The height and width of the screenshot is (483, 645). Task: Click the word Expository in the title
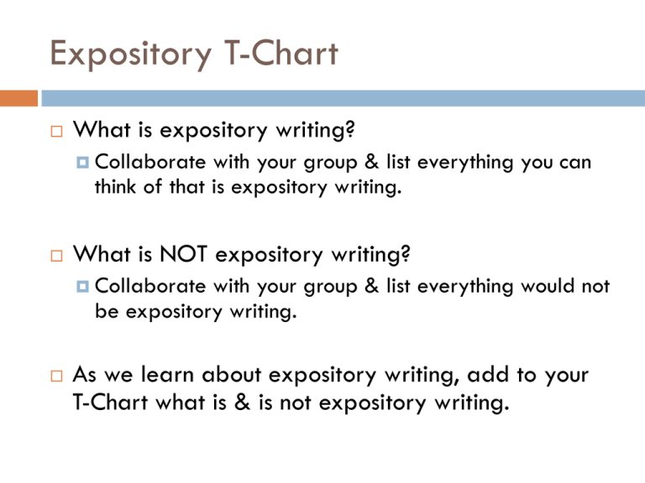131,55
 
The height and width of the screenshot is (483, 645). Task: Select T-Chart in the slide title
281,53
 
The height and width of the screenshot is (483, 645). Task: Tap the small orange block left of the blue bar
19,98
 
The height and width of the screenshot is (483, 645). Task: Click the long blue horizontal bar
343,98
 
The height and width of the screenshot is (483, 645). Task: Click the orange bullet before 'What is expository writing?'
57,132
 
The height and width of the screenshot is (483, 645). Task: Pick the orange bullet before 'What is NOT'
57,256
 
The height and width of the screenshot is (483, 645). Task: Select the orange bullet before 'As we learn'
57,376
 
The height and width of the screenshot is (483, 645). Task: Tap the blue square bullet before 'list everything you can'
82,162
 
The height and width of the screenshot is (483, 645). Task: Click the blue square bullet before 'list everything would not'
82,286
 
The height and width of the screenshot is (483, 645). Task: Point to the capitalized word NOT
183,253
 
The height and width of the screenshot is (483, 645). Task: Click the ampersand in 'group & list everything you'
371,161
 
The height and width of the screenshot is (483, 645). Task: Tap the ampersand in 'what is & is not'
242,402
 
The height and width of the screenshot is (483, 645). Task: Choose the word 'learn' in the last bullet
167,374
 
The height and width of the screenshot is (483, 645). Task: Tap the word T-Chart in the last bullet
110,402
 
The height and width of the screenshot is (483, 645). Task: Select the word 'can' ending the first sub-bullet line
575,162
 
